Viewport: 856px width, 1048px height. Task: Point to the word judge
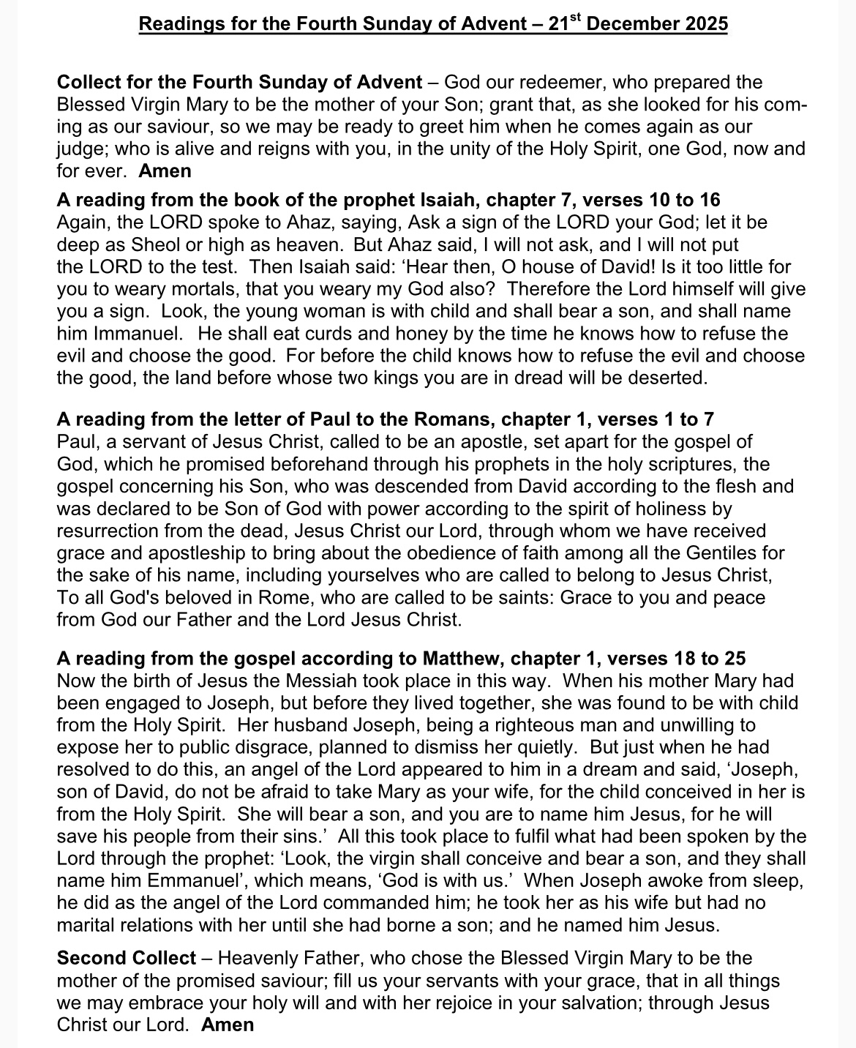(x=79, y=149)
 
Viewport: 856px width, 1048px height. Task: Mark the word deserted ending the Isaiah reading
(x=669, y=378)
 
